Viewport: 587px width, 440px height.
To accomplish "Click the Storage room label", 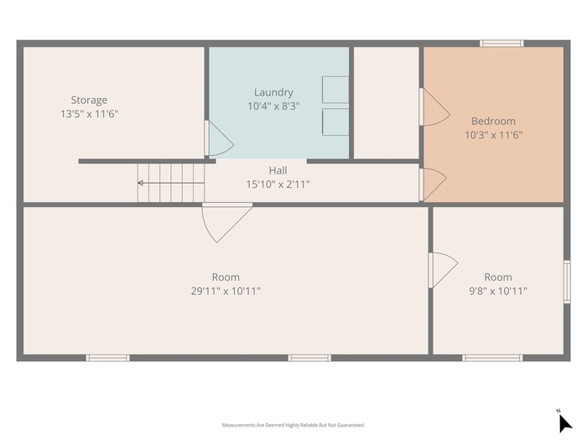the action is coord(89,100).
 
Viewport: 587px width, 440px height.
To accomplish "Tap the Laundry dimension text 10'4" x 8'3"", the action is coord(273,106).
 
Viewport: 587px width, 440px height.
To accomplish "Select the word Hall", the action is coord(278,171).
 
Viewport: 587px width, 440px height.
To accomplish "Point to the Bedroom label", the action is coord(493,121).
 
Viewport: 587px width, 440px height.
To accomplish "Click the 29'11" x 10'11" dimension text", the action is coord(226,291).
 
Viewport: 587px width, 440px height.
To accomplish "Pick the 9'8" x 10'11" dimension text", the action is coord(498,291).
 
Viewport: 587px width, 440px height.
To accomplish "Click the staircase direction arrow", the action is coord(171,183).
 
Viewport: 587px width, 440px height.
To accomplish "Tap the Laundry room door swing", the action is coord(221,138).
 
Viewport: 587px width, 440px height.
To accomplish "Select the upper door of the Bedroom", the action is coord(435,107).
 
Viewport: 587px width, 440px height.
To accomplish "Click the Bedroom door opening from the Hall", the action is coord(434,185).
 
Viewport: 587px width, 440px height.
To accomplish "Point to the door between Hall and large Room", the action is coord(227,223).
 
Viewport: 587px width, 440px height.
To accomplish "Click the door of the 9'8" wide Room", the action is coord(444,270).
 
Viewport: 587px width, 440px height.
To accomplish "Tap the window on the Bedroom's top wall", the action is coord(501,44).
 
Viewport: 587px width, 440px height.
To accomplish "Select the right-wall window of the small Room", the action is coord(567,282).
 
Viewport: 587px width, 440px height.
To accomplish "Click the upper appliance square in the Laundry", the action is coord(335,90).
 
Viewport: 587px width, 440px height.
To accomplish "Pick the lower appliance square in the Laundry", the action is coord(335,122).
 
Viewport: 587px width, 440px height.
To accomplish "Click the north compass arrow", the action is coord(565,422).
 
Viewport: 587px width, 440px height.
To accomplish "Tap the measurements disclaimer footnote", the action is coord(293,425).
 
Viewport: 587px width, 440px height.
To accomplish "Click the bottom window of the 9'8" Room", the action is coord(492,358).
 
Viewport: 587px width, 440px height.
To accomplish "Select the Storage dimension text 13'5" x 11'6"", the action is coord(90,114).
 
